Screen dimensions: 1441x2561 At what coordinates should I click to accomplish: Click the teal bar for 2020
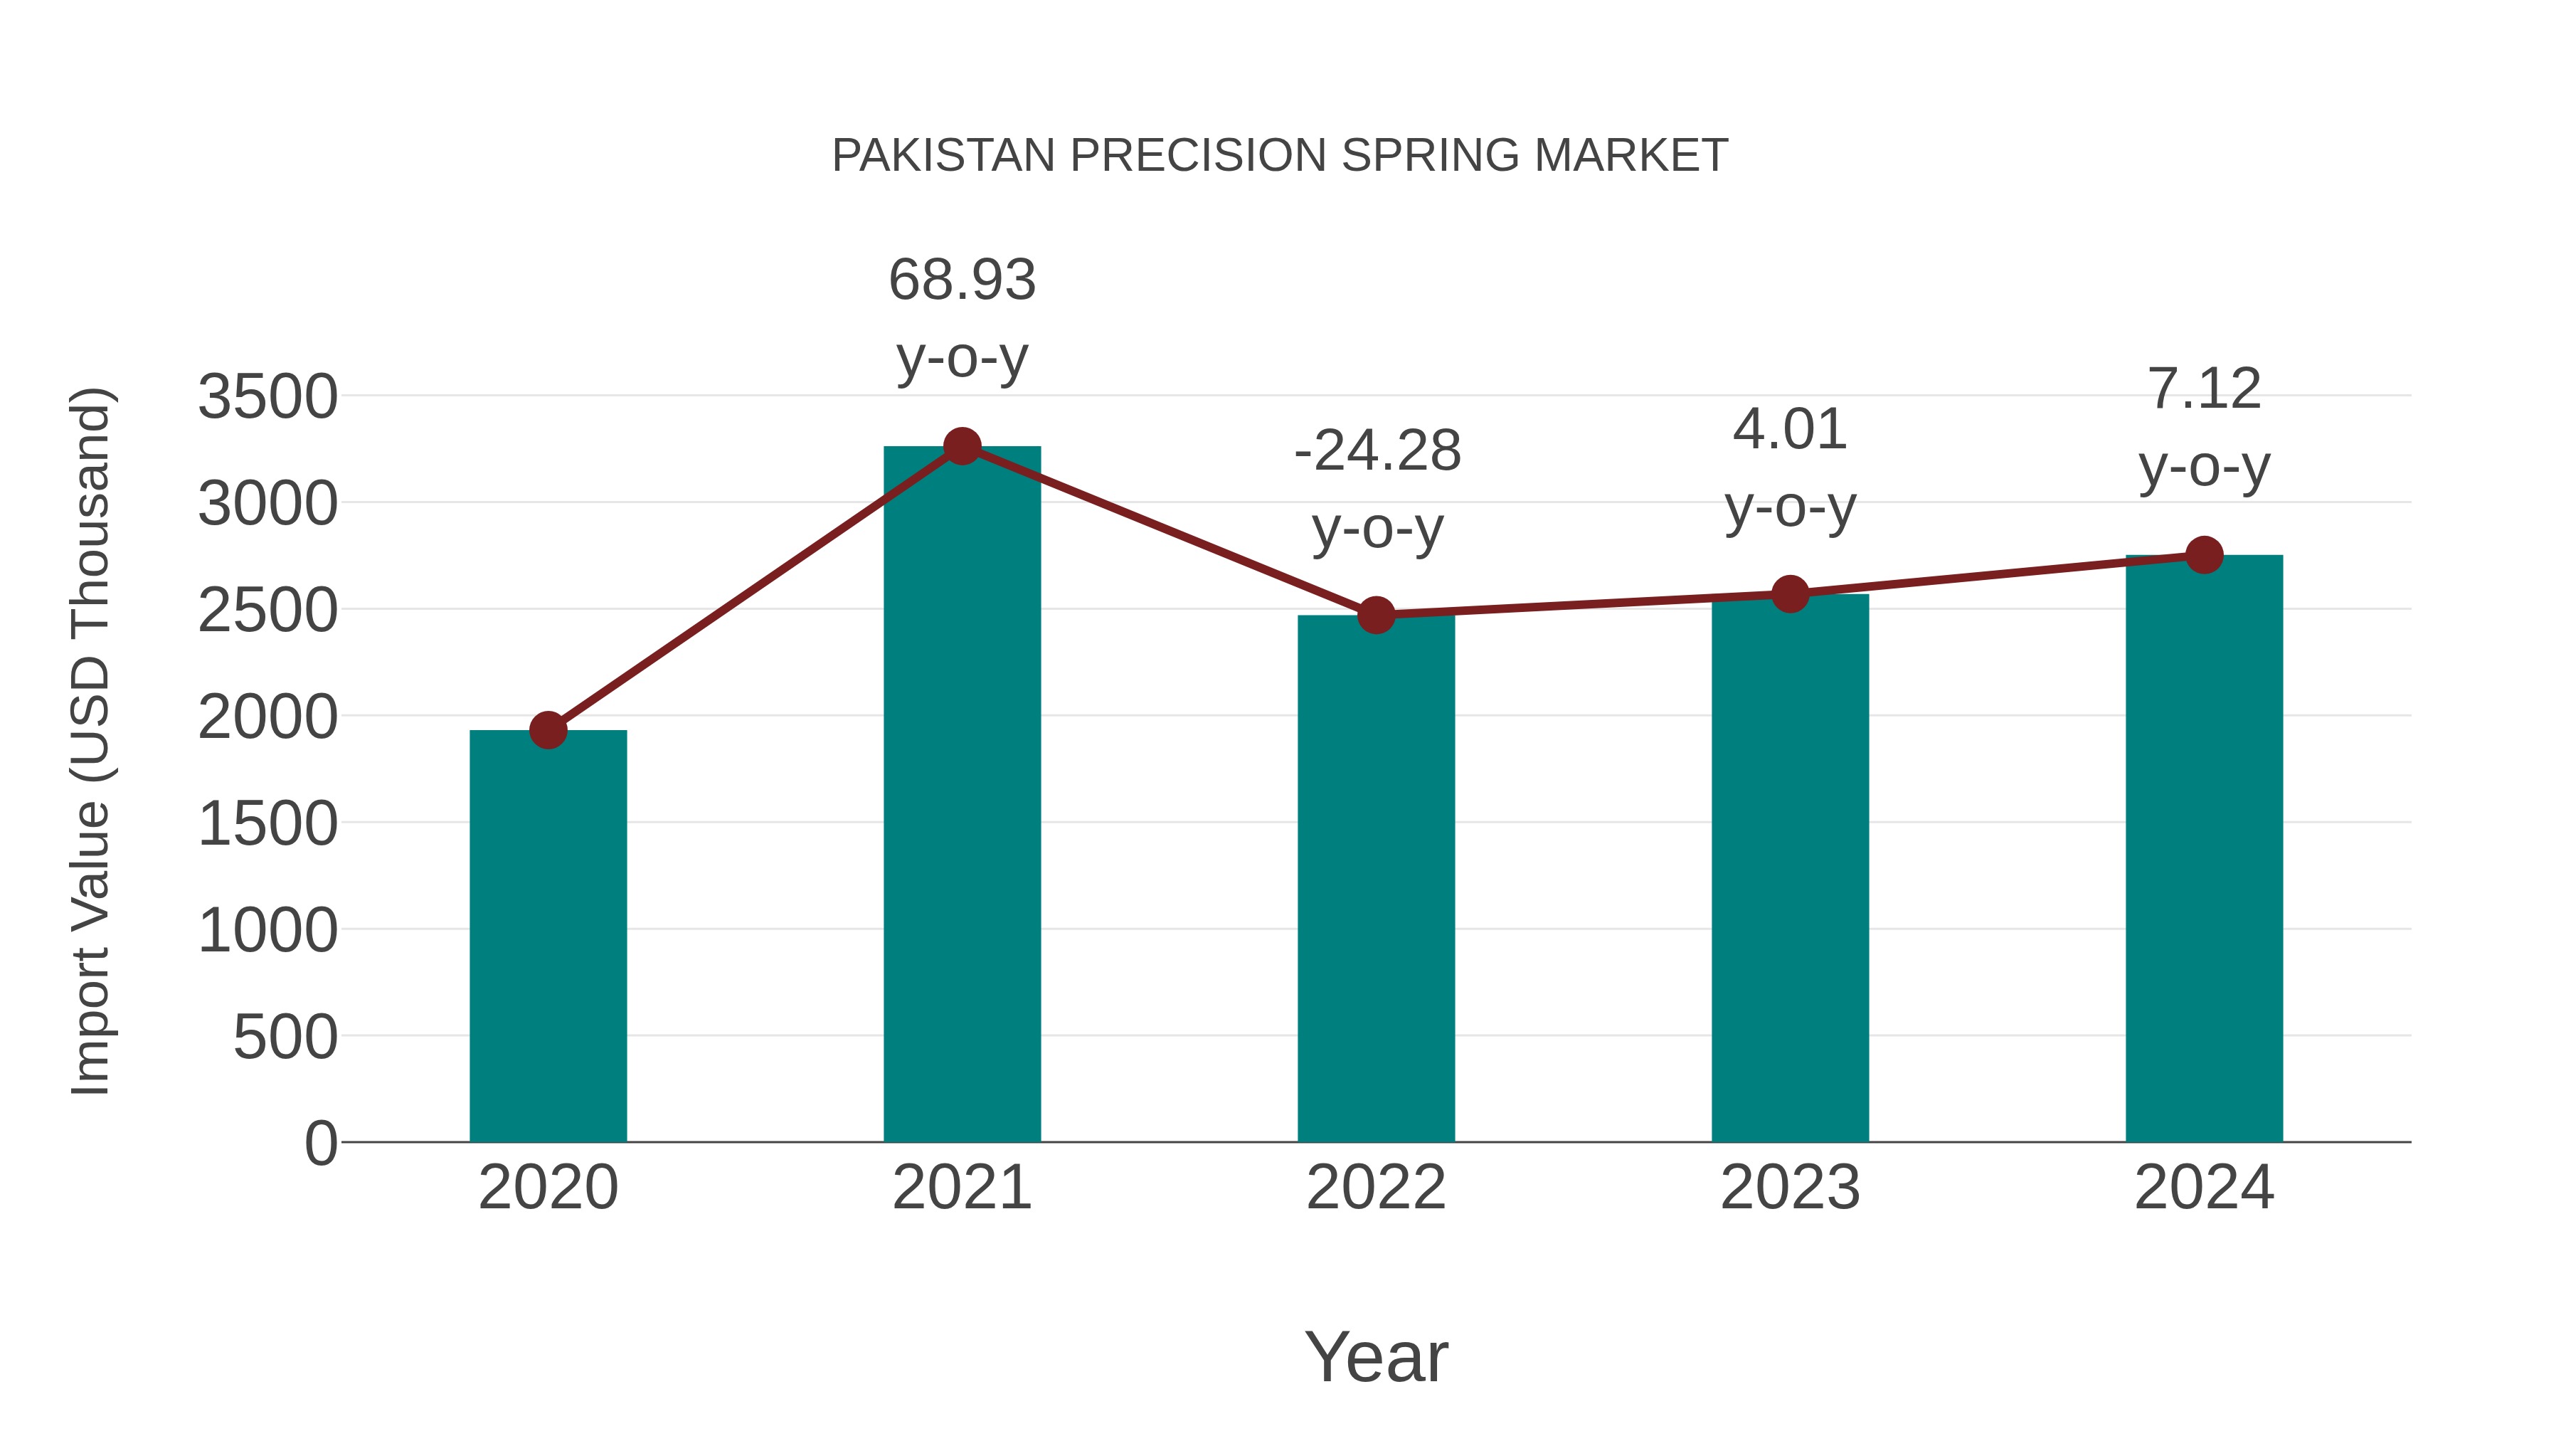[548, 935]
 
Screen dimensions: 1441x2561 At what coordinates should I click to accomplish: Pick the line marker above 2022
[1376, 616]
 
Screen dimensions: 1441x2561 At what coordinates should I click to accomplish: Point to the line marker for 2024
[2204, 555]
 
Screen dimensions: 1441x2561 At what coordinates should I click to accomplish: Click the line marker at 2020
[548, 730]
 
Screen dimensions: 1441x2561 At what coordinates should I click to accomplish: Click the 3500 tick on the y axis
[267, 397]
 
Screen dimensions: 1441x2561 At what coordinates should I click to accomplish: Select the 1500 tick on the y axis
[267, 823]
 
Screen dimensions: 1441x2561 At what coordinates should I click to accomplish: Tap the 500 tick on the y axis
[285, 1038]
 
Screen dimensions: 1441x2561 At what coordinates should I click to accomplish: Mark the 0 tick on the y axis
[320, 1143]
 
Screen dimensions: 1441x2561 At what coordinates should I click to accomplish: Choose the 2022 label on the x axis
[1376, 1188]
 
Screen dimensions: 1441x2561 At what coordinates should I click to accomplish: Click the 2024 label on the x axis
[2204, 1188]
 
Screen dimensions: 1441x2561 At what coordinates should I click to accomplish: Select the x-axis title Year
[1376, 1356]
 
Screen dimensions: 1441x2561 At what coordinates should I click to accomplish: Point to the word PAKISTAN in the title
[943, 155]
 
